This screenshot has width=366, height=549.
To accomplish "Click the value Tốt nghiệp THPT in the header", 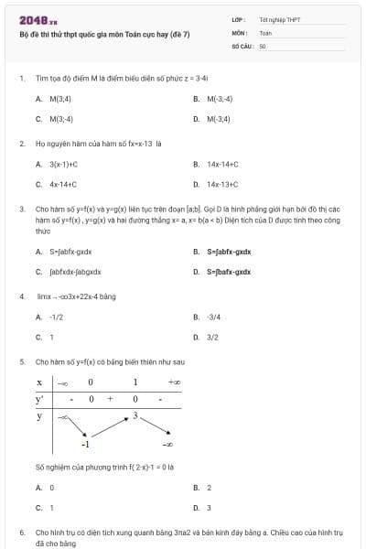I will pyautogui.click(x=279, y=19).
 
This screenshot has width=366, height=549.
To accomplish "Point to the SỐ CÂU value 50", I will pyautogui.click(x=263, y=44).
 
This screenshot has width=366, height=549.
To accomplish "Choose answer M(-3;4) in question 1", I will pyautogui.click(x=219, y=119).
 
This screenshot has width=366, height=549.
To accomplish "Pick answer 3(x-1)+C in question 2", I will pyautogui.click(x=63, y=164).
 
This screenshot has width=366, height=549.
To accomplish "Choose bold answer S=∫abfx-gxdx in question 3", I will pyautogui.click(x=229, y=251).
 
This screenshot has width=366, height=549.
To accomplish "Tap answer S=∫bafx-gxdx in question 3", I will pyautogui.click(x=229, y=272).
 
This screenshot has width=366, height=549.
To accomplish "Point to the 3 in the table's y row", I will pyautogui.click(x=135, y=415).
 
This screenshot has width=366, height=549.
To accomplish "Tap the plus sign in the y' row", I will pyautogui.click(x=110, y=399).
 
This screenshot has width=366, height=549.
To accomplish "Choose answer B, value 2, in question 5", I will pyautogui.click(x=209, y=488).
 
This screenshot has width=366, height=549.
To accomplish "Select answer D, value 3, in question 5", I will pyautogui.click(x=209, y=507).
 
